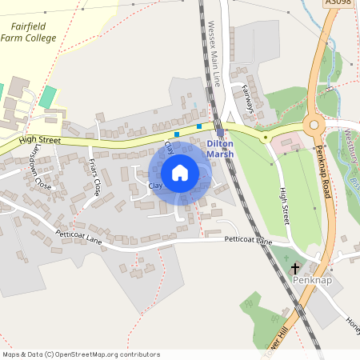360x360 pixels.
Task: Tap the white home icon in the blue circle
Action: click(180, 172)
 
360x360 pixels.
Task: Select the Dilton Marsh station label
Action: click(220, 149)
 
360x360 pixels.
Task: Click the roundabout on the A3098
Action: click(313, 124)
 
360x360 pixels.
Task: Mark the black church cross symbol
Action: click(295, 268)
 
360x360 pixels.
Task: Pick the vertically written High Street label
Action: click(283, 204)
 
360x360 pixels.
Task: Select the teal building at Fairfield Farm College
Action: click(49, 97)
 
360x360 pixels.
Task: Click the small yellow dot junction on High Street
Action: click(265, 137)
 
